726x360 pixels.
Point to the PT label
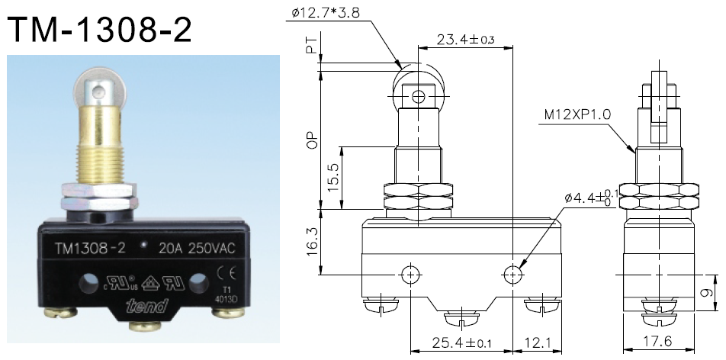tap(310, 49)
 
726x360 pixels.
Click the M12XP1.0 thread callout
tap(578, 115)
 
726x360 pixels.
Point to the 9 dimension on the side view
tap(708, 291)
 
